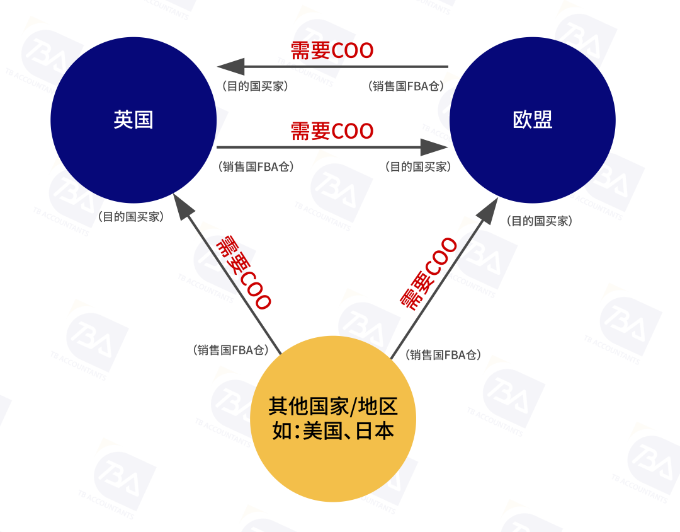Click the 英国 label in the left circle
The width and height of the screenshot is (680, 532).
(x=133, y=120)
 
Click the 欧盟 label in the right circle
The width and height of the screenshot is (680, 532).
(x=533, y=120)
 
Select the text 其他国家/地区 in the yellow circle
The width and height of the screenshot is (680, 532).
(x=333, y=407)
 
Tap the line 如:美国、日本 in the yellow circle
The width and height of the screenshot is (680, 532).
(x=333, y=431)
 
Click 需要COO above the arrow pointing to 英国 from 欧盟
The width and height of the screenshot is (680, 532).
(x=332, y=50)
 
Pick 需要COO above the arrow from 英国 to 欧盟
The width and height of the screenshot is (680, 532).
(x=332, y=131)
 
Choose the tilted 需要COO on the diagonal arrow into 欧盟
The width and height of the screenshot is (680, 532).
(x=429, y=274)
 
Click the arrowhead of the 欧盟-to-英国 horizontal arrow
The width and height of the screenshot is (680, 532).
(x=229, y=66)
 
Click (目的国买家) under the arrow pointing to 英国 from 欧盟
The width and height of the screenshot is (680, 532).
(x=254, y=86)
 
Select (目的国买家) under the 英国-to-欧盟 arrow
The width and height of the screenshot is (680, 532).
(x=417, y=167)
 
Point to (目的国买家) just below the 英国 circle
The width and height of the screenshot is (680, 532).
(x=130, y=217)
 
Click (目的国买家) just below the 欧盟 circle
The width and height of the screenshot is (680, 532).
(x=539, y=221)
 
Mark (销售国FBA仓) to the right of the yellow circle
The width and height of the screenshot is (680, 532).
(x=444, y=355)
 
